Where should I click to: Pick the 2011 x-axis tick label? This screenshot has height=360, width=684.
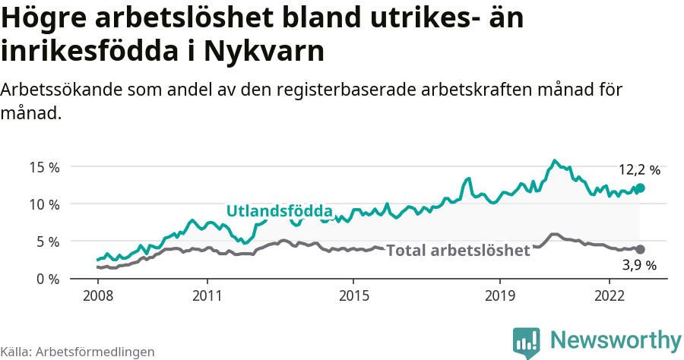(207, 295)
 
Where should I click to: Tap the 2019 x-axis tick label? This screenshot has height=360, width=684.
(500, 295)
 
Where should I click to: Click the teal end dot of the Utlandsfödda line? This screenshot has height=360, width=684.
(640, 188)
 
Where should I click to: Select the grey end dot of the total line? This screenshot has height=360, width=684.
(640, 249)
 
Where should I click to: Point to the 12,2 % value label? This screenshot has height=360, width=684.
(639, 170)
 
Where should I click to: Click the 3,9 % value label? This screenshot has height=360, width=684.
(639, 266)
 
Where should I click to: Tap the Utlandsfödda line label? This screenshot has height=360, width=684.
(280, 211)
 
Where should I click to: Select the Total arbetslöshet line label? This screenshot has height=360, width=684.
(458, 251)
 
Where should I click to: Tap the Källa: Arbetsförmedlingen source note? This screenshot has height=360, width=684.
(78, 352)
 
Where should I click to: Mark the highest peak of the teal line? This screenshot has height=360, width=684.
(555, 160)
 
